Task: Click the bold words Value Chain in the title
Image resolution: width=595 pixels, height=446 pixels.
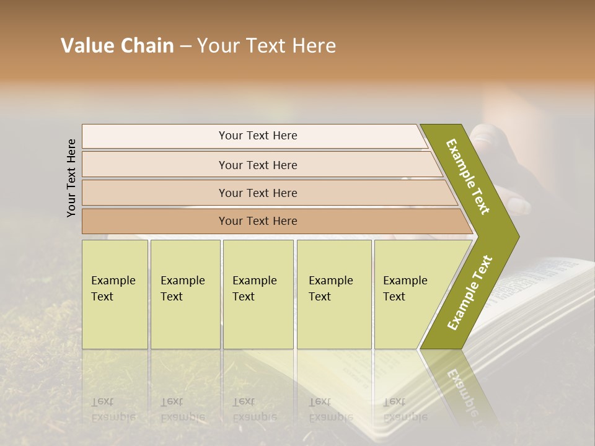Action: tap(117, 46)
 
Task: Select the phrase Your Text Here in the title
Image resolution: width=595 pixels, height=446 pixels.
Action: tap(267, 46)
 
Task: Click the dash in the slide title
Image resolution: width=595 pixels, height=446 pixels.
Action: tap(185, 46)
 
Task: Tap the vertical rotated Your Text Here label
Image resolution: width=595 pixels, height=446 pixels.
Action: tap(71, 178)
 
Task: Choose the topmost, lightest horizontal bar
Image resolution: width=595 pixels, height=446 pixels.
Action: tap(257, 136)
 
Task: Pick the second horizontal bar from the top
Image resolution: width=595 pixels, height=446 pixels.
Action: tap(257, 165)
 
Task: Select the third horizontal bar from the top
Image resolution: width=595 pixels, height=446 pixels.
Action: tap(257, 193)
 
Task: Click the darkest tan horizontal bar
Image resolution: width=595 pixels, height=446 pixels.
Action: tap(257, 221)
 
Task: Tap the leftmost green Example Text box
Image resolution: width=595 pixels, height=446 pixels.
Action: tap(115, 294)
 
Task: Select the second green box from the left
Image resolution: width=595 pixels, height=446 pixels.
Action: tap(185, 294)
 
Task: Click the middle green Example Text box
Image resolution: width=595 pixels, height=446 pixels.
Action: tap(258, 294)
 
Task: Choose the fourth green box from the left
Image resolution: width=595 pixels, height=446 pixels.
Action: tap(333, 294)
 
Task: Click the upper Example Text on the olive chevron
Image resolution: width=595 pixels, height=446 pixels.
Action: tap(468, 177)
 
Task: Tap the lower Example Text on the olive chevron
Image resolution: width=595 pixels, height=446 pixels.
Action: tap(470, 292)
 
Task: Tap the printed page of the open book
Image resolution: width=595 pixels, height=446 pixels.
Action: tap(545, 291)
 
